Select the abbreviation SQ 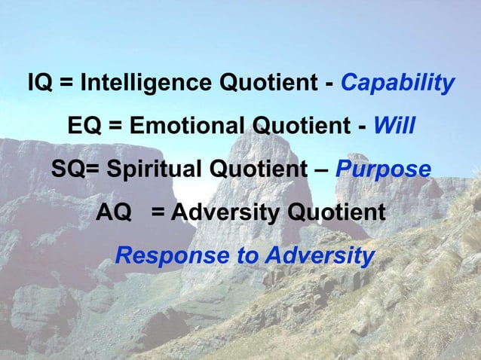(x=68, y=168)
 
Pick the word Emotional (x=186, y=124)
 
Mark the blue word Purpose (x=383, y=169)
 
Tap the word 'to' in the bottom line (x=247, y=256)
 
